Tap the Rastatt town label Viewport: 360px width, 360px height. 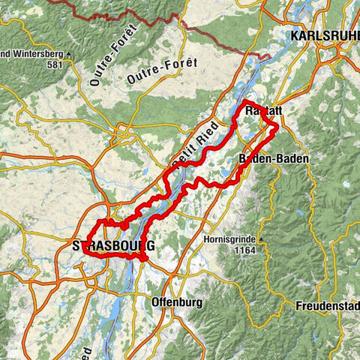tap(262, 111)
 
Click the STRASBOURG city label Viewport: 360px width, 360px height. tap(113, 246)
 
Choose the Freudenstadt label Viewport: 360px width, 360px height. tap(328, 306)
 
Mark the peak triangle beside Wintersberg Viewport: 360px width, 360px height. tap(68, 54)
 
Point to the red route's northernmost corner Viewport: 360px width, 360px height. tap(246, 100)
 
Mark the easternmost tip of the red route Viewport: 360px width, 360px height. tap(278, 127)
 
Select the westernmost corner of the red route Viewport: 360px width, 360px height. tap(86, 250)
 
